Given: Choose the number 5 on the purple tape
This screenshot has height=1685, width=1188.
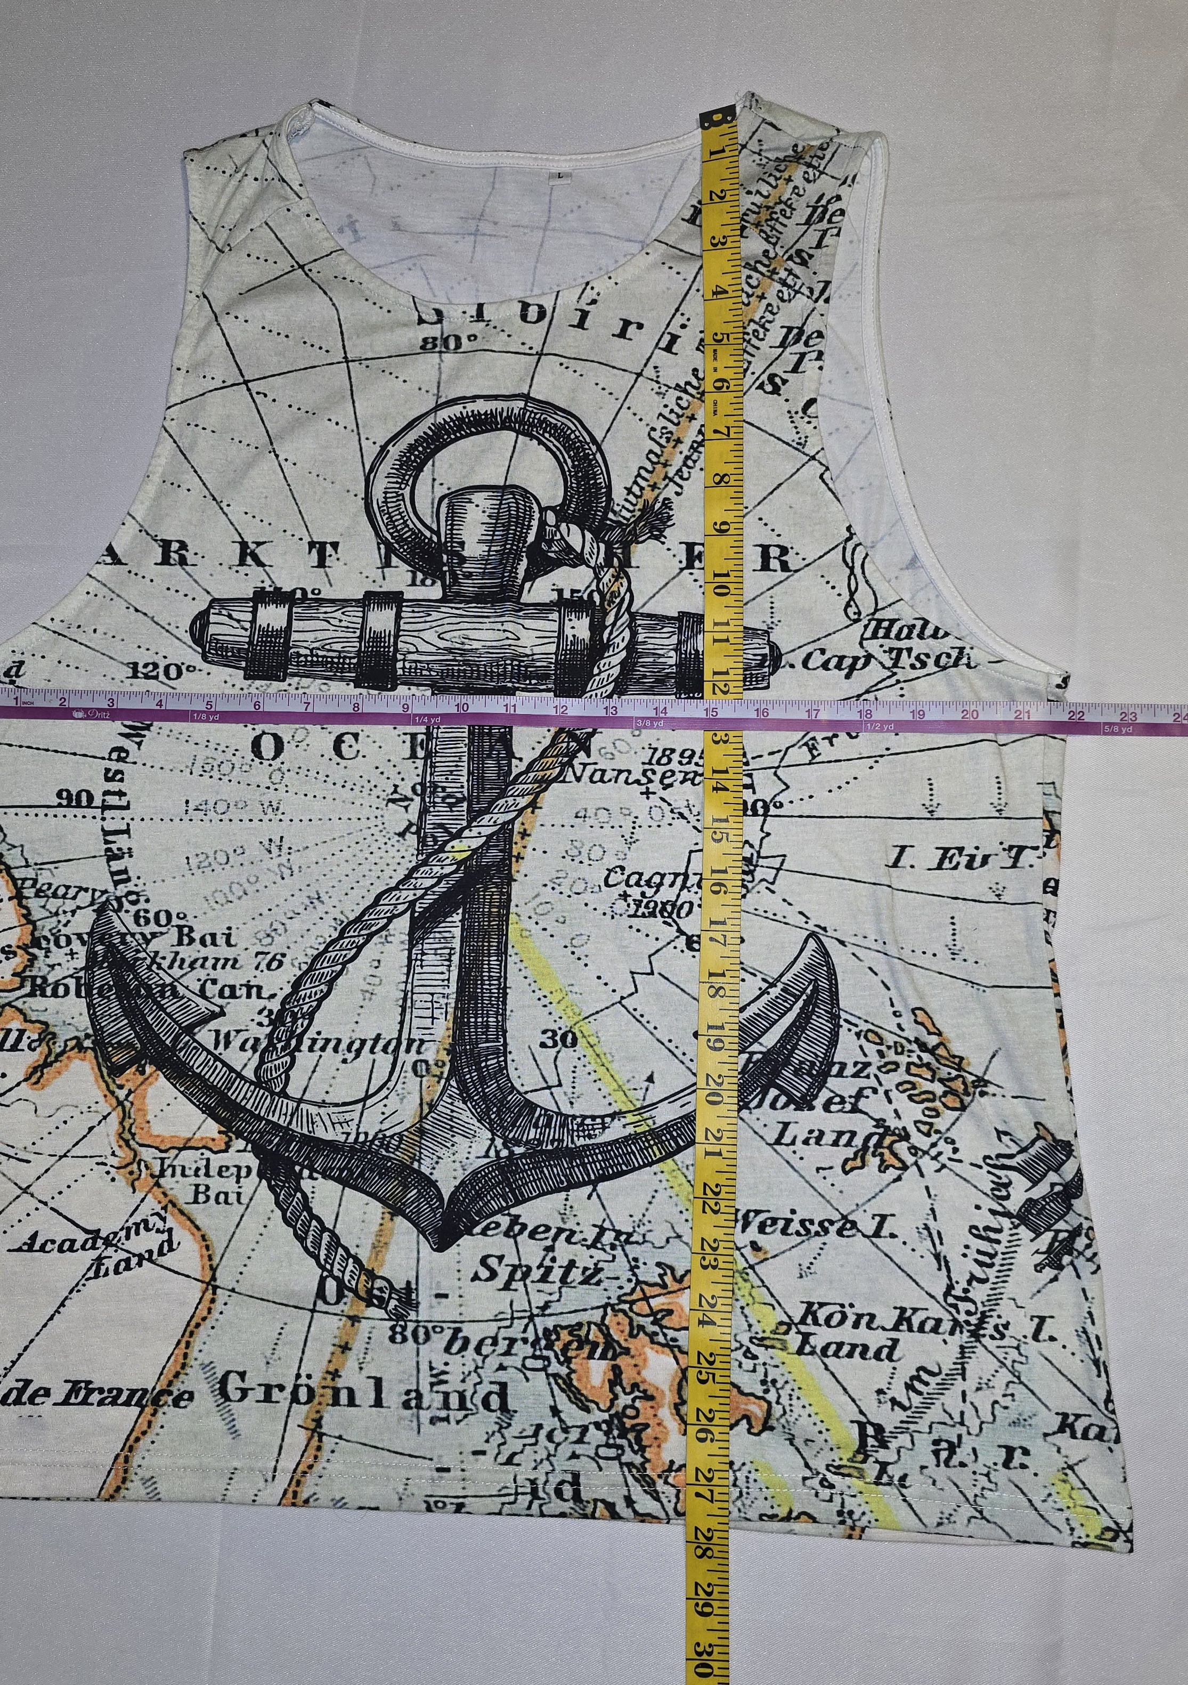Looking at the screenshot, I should [x=210, y=703].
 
